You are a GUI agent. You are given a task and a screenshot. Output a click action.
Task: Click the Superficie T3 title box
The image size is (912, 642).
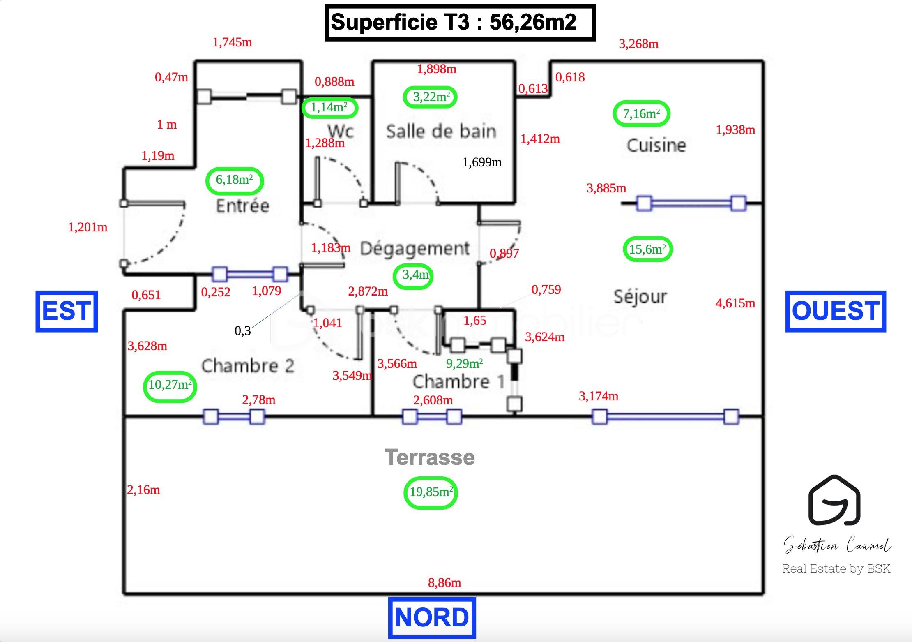460,23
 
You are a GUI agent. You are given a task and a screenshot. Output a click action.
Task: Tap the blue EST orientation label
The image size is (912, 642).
67,311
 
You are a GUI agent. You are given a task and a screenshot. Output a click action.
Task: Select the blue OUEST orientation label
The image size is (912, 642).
835,311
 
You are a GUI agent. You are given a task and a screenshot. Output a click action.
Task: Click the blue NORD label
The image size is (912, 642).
432,618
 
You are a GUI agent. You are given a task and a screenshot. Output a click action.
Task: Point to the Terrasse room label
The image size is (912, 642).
430,457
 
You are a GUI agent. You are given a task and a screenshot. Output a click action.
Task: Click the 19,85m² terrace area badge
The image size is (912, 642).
431,492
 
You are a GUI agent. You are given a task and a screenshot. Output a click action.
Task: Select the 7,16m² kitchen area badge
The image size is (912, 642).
641,113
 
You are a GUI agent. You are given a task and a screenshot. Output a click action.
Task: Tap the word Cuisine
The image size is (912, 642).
656,145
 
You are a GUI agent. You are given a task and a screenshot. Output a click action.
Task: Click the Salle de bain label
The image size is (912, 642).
441,132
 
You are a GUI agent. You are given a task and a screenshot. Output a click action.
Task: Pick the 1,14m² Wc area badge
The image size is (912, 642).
329,108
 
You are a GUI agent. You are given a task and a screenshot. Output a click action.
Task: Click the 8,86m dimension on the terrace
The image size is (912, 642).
444,583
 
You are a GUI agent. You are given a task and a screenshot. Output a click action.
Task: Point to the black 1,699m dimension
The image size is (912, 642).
482,162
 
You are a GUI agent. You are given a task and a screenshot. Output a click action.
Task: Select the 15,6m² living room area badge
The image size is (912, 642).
647,249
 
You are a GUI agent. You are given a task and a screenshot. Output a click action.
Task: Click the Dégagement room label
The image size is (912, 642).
415,249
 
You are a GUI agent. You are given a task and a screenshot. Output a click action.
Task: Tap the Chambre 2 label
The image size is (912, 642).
248,366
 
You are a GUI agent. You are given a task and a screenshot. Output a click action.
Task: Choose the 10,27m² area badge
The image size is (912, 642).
170,385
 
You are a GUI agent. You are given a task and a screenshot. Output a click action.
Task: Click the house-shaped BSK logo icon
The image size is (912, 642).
834,501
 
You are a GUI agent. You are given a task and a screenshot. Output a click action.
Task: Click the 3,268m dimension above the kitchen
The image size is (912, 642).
638,44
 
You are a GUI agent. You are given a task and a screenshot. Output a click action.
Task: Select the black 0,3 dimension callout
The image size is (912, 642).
242,331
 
